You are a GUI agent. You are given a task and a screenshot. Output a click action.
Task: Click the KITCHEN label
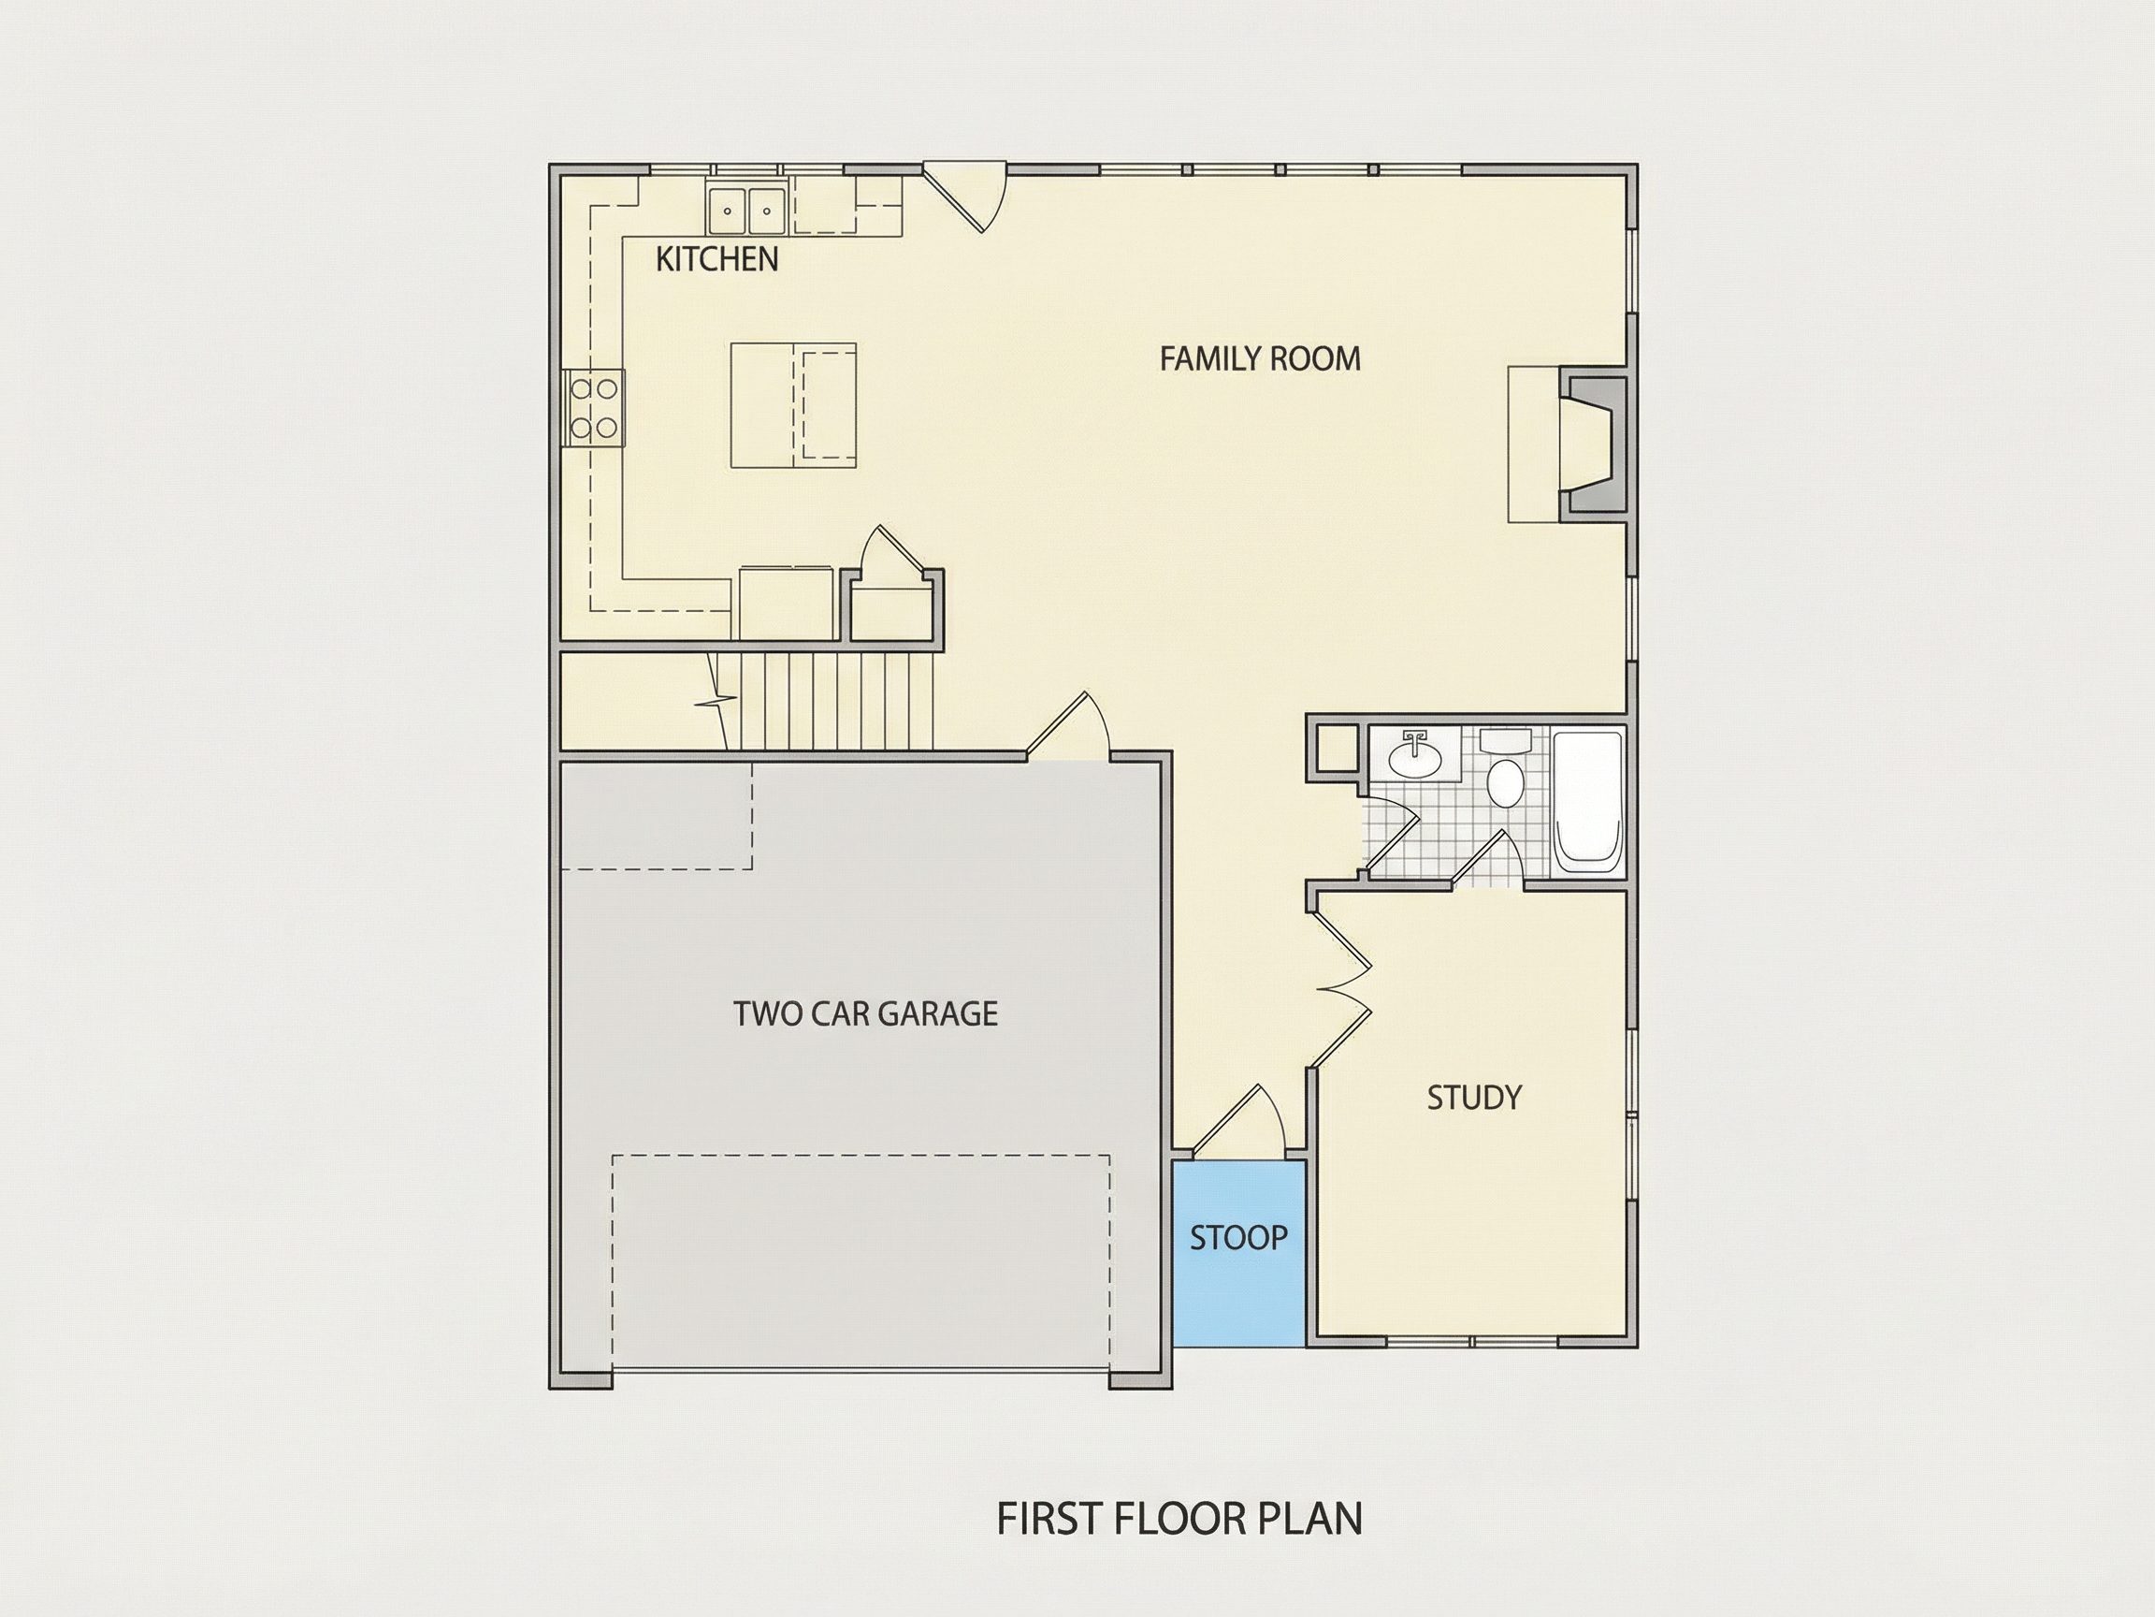pyautogui.click(x=717, y=259)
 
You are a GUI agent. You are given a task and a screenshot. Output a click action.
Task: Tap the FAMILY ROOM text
pyautogui.click(x=1260, y=358)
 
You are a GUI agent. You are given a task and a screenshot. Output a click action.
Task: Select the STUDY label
pyautogui.click(x=1474, y=1098)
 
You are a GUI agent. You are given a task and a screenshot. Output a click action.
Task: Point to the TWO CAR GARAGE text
pyautogui.click(x=865, y=1013)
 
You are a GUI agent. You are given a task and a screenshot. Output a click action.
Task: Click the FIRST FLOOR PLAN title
pyautogui.click(x=1179, y=1520)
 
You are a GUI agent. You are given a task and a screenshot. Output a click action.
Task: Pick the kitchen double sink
pyautogui.click(x=747, y=209)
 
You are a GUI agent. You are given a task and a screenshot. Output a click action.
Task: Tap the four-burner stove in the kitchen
pyautogui.click(x=593, y=408)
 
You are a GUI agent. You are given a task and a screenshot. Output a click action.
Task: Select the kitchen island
pyautogui.click(x=794, y=405)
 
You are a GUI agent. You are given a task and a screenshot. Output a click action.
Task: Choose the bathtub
pyautogui.click(x=1588, y=802)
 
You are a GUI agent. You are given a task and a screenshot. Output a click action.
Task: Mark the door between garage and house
pyautogui.click(x=1068, y=725)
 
